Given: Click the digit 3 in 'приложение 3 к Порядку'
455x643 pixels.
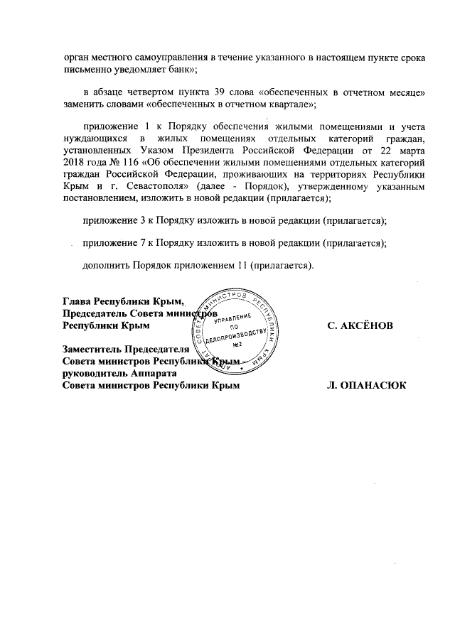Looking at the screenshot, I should click(x=143, y=220).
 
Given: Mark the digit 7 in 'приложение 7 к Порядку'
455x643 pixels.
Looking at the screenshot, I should click(x=143, y=243).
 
